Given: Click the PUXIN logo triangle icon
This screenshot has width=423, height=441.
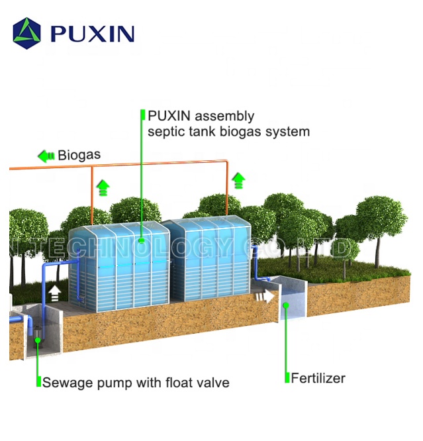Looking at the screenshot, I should coord(26,33).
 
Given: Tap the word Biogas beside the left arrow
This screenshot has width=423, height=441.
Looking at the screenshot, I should coord(79,156).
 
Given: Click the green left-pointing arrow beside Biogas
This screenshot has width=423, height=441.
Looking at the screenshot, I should coord(46,156).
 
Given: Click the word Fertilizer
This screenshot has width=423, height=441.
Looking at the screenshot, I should coord(318,379).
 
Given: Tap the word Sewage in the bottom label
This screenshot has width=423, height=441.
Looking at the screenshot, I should coord(62,383).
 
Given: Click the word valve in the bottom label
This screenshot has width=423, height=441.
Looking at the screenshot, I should coord(214,383).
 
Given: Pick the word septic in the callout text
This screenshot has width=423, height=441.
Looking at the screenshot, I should coord(166,132).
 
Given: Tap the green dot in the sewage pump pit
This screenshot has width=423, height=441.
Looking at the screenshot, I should coord(38,340).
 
